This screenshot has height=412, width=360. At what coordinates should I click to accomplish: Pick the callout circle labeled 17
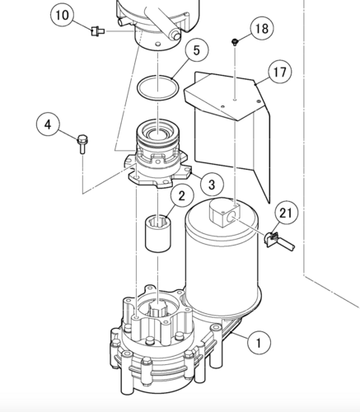[x=279, y=72]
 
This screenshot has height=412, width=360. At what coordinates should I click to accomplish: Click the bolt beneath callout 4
[x=82, y=146]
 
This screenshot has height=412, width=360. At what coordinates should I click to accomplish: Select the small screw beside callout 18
[x=236, y=40]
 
